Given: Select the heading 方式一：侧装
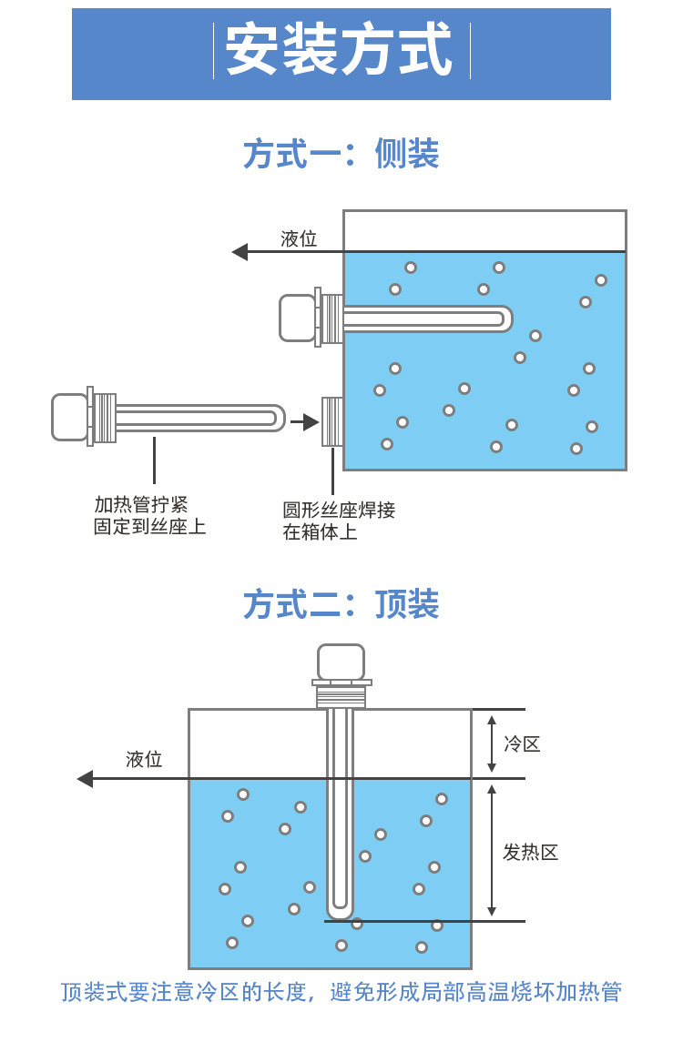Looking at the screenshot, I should (341, 154).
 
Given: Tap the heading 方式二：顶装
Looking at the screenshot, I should (341, 604).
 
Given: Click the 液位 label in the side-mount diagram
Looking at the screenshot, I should (299, 239).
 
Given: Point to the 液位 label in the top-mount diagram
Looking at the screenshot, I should (144, 759).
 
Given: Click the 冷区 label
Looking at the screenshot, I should (522, 743).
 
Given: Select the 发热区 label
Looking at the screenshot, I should (530, 853).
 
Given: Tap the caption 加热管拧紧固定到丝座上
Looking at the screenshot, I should (150, 515).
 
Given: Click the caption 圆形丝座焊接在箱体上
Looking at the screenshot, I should (339, 521).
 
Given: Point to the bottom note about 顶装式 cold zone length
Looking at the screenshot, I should (341, 992).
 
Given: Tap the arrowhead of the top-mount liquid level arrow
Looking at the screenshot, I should (86, 779).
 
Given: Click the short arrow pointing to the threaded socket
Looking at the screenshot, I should (305, 422).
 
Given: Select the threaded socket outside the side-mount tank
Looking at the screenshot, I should (332, 421).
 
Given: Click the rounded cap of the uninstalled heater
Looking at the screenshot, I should (69, 417).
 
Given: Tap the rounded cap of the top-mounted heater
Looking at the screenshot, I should (341, 662).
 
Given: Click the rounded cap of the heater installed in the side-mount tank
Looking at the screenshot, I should (297, 318).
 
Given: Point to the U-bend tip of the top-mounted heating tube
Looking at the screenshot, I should (340, 911).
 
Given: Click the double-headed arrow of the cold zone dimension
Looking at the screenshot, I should (492, 743).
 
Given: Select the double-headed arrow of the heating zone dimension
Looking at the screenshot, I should (492, 850).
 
